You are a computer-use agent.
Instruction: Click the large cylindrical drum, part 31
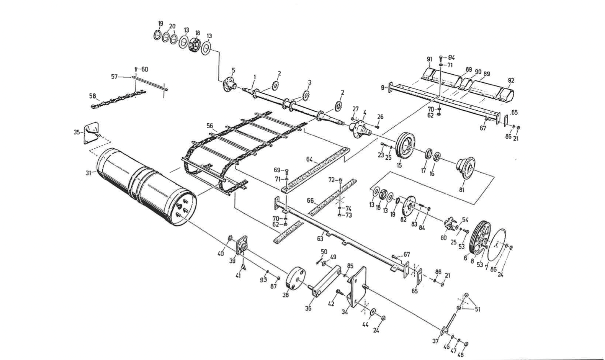(x=146, y=186)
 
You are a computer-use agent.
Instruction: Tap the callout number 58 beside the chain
(x=92, y=96)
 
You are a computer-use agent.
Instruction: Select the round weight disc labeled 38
(x=296, y=278)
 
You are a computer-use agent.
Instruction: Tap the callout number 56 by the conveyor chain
(x=209, y=126)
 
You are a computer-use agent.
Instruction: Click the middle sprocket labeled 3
(x=306, y=94)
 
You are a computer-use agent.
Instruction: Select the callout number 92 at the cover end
(x=511, y=80)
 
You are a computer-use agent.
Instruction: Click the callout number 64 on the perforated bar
(x=310, y=159)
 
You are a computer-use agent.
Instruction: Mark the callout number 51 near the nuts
(x=477, y=309)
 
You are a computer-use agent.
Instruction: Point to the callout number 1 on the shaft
(x=253, y=77)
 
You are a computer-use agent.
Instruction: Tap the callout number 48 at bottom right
(x=460, y=355)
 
